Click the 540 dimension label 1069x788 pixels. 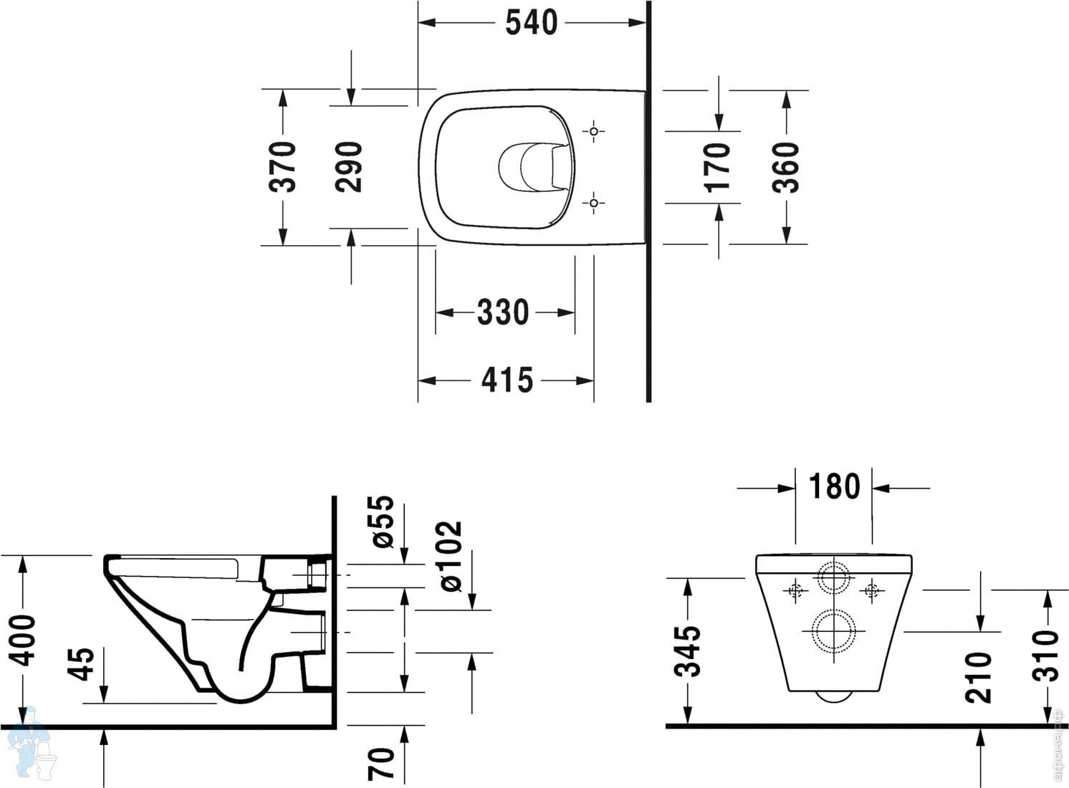coord(531,23)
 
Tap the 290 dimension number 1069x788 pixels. coord(350,167)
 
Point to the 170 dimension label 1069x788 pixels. coord(718,167)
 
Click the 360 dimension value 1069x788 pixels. coord(786,167)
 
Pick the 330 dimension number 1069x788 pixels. coord(503,312)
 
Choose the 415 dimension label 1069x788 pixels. coord(507,380)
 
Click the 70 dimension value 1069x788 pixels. coord(381,764)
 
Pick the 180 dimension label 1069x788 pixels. coord(834,487)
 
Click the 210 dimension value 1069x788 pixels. coord(979,677)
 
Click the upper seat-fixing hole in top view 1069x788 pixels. coord(593,132)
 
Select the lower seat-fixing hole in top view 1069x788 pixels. coord(593,203)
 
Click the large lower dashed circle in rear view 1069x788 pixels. coord(833,631)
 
